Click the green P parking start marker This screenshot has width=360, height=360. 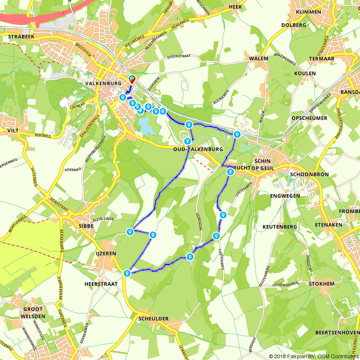(132, 79)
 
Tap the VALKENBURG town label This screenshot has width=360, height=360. (103, 83)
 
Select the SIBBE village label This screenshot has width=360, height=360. (86, 226)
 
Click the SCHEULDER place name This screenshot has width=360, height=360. (153, 319)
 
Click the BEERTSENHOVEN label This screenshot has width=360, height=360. (337, 332)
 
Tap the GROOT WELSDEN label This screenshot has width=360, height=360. (33, 312)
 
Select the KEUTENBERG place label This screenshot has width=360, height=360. (280, 227)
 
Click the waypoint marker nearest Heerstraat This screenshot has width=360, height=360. (127, 273)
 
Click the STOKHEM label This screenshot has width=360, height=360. (321, 284)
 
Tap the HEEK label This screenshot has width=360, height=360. (235, 6)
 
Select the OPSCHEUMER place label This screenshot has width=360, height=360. (310, 118)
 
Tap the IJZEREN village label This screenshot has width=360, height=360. (105, 253)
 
